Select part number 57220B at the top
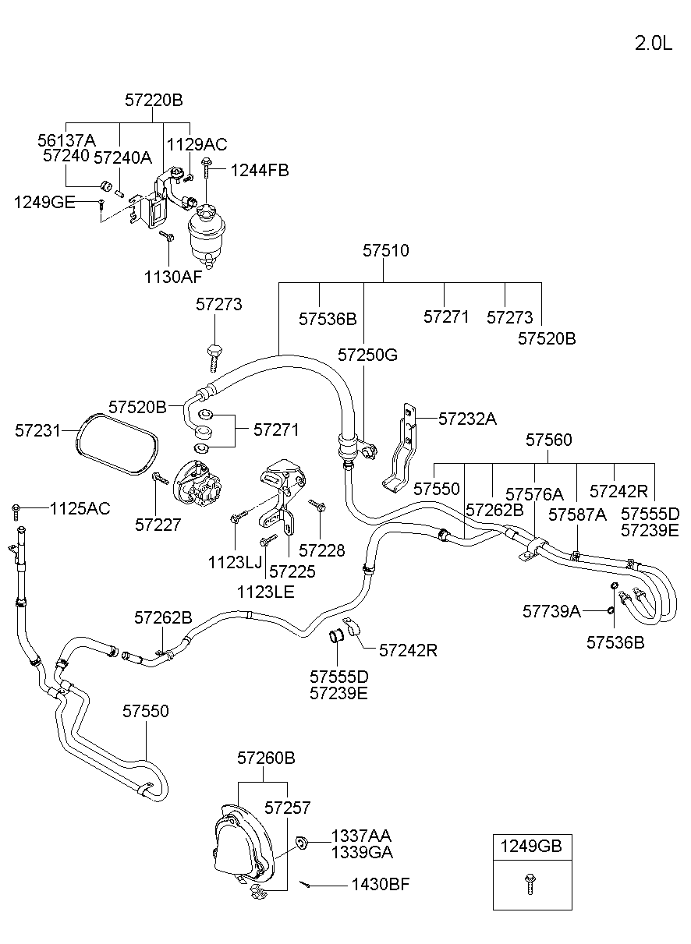154,101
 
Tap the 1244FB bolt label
259,170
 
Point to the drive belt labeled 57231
117,444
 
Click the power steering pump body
197,485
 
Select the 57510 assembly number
386,250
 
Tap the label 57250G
367,355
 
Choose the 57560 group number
548,440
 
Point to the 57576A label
534,494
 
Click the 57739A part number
551,611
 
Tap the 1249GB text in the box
531,846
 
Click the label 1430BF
381,884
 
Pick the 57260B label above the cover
266,758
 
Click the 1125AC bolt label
80,509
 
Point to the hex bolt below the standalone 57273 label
214,359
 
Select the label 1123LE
266,592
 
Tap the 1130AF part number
173,277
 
